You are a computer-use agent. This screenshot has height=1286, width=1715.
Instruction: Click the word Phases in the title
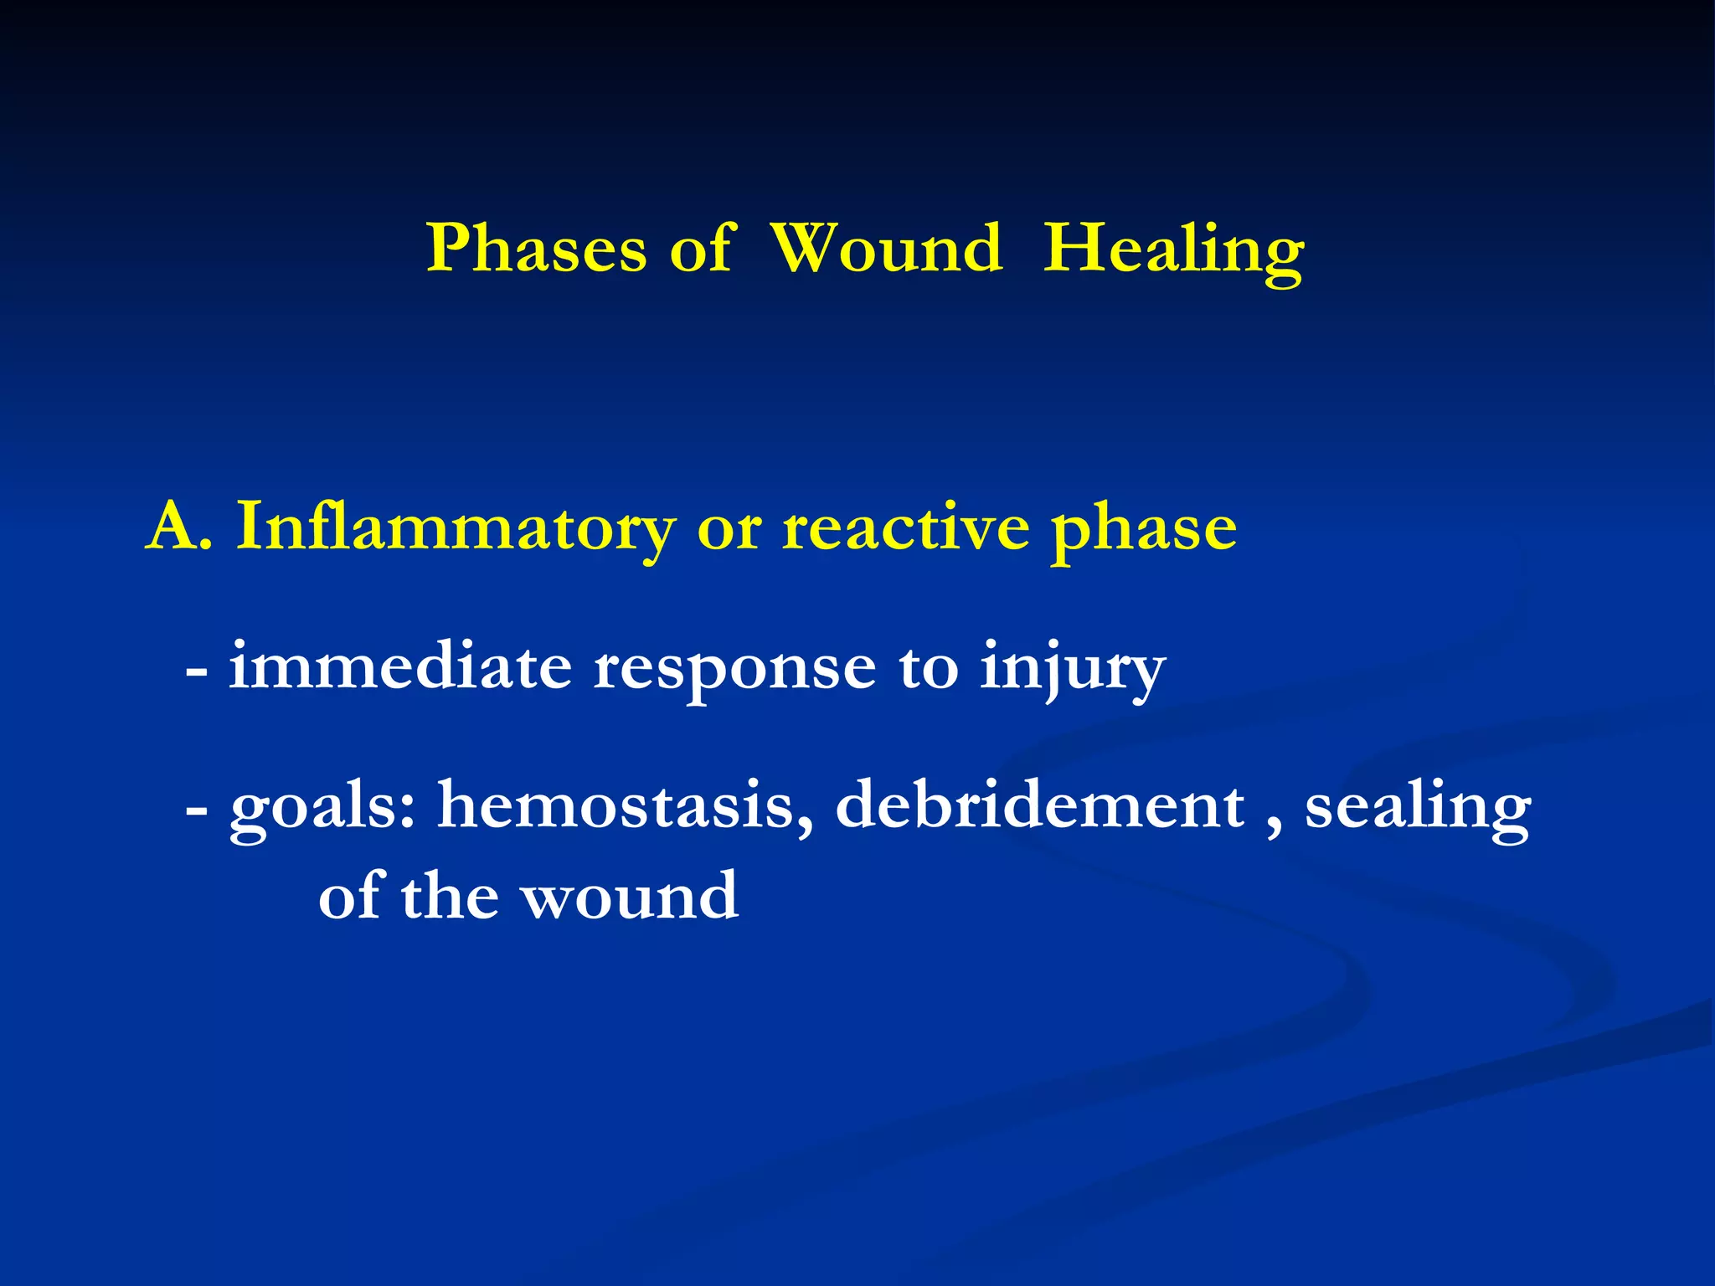tap(536, 249)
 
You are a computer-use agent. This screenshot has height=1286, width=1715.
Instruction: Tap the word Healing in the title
tap(1173, 249)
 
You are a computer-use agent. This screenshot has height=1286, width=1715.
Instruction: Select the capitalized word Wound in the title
tap(886, 249)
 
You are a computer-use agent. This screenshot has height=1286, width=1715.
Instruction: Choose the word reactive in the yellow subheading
tap(904, 527)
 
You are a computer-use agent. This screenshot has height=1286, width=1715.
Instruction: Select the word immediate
tap(400, 666)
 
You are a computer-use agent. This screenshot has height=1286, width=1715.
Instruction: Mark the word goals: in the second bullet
tap(323, 807)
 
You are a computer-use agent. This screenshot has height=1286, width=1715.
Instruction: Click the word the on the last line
tap(450, 896)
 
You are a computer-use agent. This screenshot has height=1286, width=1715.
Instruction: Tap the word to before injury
tap(928, 668)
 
